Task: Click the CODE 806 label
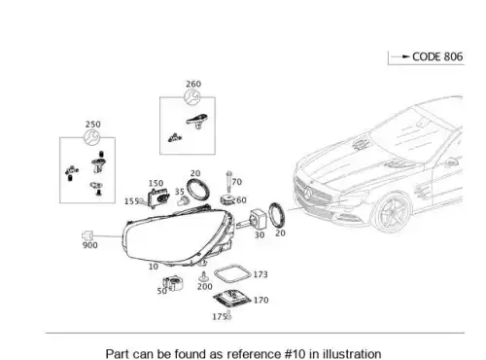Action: (437, 56)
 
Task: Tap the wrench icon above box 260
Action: (192, 97)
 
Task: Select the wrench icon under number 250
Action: (92, 137)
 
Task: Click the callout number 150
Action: (156, 183)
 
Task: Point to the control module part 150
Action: (158, 198)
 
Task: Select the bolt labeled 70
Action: (229, 182)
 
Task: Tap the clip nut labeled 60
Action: (228, 199)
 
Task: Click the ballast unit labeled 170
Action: (232, 299)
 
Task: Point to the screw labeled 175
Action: (228, 315)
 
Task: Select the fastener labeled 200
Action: (203, 277)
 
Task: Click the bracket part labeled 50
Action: (173, 283)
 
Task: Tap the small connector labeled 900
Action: (87, 235)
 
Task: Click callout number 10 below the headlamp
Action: (154, 267)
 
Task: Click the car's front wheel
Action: (392, 212)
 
